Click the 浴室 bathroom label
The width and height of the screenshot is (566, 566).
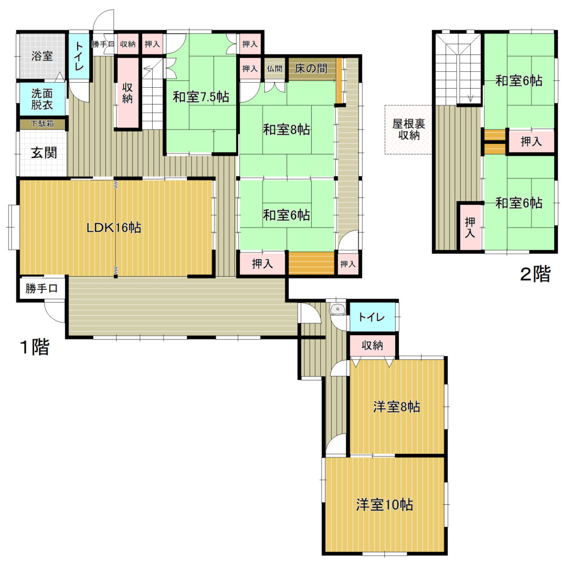[x=42, y=56]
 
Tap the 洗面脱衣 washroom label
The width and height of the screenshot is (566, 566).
[x=42, y=99]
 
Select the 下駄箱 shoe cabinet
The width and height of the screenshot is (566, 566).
[x=42, y=124]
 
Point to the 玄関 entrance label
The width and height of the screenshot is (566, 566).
[x=44, y=153]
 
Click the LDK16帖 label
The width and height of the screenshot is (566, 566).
[x=114, y=228]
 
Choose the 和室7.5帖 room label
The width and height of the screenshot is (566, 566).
[x=201, y=97]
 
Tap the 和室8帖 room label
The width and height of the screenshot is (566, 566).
[x=286, y=129]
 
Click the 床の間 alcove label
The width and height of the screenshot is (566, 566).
[x=311, y=68]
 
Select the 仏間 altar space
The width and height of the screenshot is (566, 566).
[x=275, y=68]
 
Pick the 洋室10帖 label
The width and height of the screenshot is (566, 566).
[x=384, y=504]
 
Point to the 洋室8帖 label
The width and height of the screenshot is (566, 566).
[x=396, y=407]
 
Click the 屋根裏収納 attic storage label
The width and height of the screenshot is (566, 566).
[x=409, y=129]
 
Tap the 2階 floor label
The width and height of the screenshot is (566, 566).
[x=535, y=273]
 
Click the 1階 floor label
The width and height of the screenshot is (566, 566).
[x=35, y=347]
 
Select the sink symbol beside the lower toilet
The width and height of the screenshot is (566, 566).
[x=338, y=310]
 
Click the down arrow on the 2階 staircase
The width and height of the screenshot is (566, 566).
[x=470, y=97]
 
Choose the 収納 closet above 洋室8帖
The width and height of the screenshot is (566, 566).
[x=372, y=345]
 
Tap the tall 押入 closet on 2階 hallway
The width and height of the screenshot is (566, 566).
[x=470, y=228]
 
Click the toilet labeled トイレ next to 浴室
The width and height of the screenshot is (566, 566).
[x=79, y=56]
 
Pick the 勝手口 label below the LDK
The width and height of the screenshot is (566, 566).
[x=41, y=289]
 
